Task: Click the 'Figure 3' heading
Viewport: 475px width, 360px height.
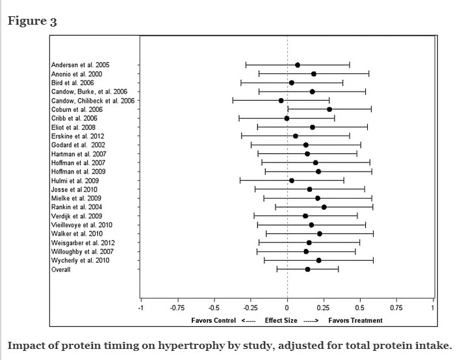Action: (x=32, y=21)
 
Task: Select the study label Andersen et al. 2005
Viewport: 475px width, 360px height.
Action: (x=80, y=65)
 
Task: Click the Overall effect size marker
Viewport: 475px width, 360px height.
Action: (x=307, y=269)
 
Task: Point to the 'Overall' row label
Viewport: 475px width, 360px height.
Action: (x=61, y=269)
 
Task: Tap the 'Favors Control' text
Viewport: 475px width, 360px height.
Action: (x=213, y=320)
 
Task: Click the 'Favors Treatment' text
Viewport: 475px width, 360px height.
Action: (x=356, y=320)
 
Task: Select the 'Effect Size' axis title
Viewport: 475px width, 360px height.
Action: (x=281, y=320)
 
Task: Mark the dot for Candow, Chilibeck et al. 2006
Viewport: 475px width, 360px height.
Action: (x=281, y=101)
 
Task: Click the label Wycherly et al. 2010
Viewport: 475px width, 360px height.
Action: (x=81, y=260)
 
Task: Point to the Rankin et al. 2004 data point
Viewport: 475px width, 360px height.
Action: (x=324, y=207)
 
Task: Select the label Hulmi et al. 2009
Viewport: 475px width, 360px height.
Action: (x=75, y=180)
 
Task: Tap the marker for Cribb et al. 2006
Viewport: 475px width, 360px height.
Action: (x=287, y=118)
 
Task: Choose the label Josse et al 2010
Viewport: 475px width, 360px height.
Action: (x=74, y=189)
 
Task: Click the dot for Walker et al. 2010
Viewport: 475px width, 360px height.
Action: (x=319, y=233)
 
